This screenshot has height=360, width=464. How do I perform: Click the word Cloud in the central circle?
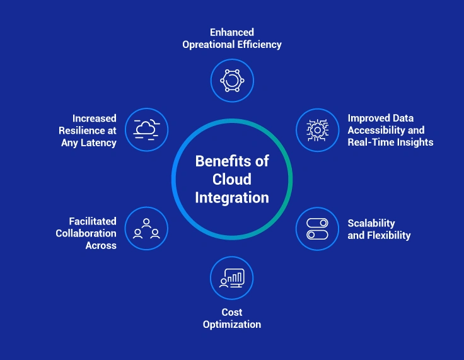coord(231,179)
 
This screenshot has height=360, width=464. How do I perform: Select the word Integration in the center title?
coord(231,197)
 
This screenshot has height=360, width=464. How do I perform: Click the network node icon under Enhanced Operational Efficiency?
coord(232,81)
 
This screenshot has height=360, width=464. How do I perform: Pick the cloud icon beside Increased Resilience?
coord(147,129)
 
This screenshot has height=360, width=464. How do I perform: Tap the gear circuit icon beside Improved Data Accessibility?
coord(317,129)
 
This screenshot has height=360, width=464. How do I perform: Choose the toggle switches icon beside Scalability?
coord(317,228)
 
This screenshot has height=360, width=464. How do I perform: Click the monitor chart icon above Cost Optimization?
coord(232,277)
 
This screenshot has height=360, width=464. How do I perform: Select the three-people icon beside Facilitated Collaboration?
coord(147,228)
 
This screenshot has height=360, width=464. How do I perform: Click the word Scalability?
coord(371,223)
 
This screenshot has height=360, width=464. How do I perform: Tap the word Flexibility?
coord(389,235)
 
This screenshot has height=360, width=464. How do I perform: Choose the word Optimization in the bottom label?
coord(232,324)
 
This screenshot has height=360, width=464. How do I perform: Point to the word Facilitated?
coord(93,221)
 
